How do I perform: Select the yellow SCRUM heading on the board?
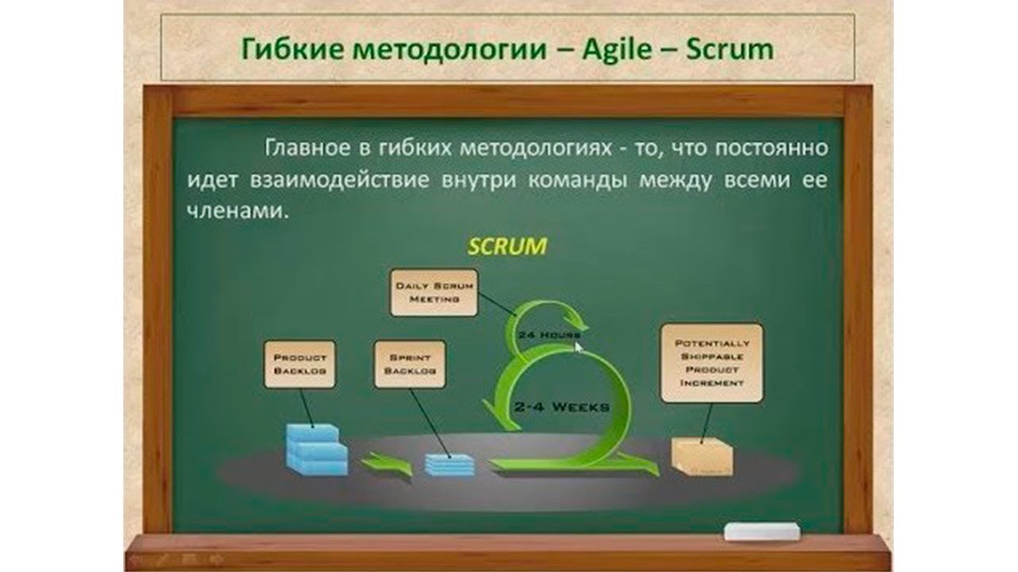[507, 245]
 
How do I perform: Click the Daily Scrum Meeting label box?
[434, 292]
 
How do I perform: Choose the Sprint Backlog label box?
[410, 364]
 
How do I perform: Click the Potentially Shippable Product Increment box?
[712, 362]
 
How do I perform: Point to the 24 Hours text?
[546, 335]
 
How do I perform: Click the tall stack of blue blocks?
[316, 449]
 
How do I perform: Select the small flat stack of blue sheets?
[449, 463]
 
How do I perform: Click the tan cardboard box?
[701, 458]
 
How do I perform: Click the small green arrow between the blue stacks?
[387, 464]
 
